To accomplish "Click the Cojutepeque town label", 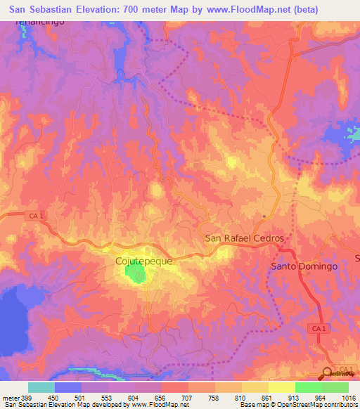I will (x=143, y=261).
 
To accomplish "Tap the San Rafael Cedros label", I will (x=244, y=238).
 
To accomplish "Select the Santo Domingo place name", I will (x=304, y=267).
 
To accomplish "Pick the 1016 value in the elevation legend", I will (x=349, y=397).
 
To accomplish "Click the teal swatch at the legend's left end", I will (x=41, y=387).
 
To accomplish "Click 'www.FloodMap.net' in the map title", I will (x=231, y=10).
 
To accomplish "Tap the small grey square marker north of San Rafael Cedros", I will (x=264, y=216).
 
